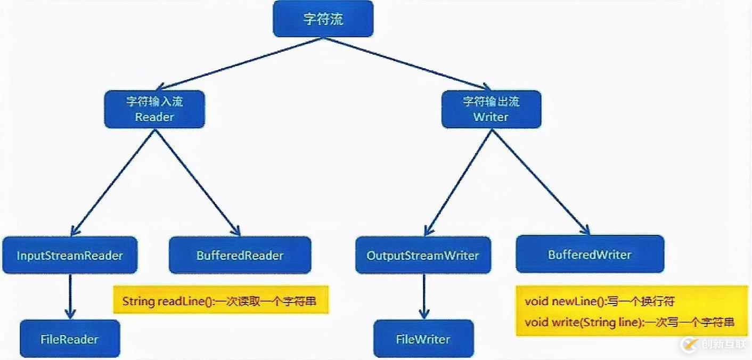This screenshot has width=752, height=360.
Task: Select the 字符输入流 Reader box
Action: tap(154, 109)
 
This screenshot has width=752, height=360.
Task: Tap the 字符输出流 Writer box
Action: tap(491, 109)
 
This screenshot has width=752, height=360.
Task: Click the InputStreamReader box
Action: tap(70, 255)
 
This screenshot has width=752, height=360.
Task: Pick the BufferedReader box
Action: tap(240, 255)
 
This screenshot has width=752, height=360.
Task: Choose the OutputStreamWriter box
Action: tap(423, 255)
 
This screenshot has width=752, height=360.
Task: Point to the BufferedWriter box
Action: tap(590, 254)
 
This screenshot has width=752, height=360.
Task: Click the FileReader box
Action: tap(70, 339)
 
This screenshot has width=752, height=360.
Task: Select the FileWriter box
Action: tap(423, 339)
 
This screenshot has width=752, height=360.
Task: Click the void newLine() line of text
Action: tap(600, 301)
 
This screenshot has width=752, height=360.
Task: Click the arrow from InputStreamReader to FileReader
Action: tap(70, 296)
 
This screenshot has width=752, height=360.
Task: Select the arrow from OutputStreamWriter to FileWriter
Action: tap(423, 296)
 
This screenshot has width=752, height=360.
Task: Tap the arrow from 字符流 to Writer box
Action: tap(407, 63)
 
